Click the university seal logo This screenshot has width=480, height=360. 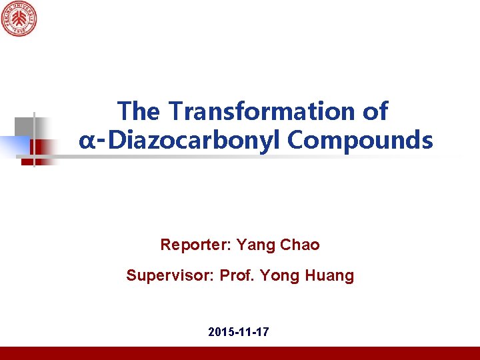18,19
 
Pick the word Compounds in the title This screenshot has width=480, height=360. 361,141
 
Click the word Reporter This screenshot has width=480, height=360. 195,245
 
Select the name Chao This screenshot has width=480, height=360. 300,245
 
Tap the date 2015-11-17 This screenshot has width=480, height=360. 239,331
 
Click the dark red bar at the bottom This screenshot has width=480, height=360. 240,353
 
